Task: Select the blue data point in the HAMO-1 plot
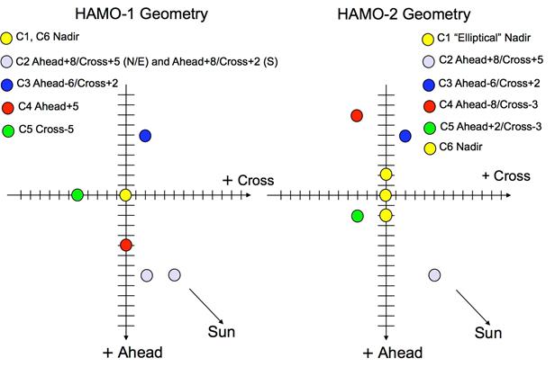(x=145, y=136)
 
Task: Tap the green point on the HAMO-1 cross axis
(x=77, y=195)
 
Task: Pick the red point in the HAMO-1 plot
(x=125, y=246)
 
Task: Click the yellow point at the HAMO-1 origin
(x=125, y=195)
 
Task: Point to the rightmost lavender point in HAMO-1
(x=174, y=274)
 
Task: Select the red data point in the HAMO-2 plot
(x=357, y=116)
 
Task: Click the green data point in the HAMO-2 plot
(x=358, y=216)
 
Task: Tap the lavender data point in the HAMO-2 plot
(x=435, y=274)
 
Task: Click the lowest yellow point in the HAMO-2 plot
(x=386, y=215)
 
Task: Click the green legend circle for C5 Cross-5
(x=9, y=130)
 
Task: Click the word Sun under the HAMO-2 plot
(x=488, y=335)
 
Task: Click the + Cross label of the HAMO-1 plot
(x=248, y=181)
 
